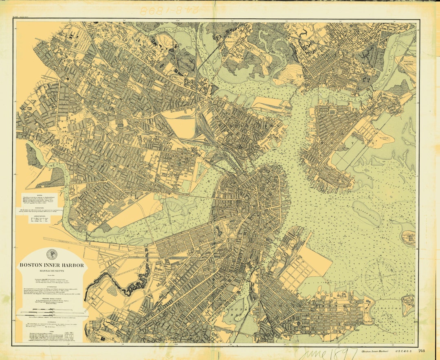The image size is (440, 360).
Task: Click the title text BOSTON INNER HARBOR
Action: click(52, 265)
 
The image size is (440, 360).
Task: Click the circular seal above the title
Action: click(52, 254)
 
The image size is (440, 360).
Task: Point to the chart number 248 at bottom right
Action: click(421, 351)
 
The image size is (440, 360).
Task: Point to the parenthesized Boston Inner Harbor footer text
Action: click(374, 351)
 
